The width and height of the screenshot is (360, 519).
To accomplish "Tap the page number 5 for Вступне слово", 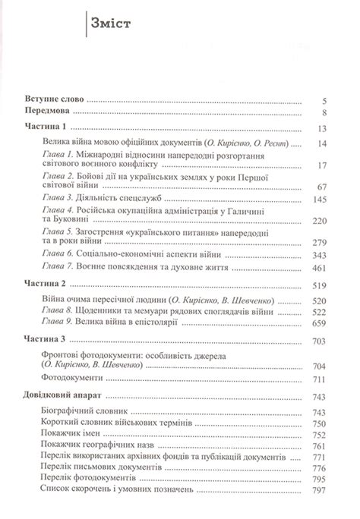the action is pyautogui.click(x=324, y=99).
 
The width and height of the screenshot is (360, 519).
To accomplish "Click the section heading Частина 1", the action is pyautogui.click(x=46, y=127).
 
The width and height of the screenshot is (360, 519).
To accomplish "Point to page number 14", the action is pyautogui.click(x=321, y=143).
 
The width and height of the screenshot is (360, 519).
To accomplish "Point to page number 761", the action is pyautogui.click(x=318, y=448).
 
